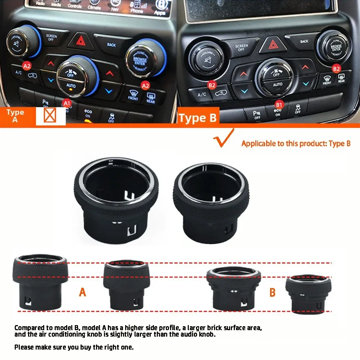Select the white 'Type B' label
tap(197, 118)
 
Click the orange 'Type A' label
tap(15, 116)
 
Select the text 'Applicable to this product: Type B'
tap(296, 144)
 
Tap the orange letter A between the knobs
tap(82, 292)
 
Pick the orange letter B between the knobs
tap(272, 292)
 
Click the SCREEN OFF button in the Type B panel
tap(241, 47)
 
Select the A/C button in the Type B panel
tap(202, 95)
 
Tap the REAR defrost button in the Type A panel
tap(150, 98)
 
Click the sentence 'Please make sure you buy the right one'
tap(74, 347)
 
